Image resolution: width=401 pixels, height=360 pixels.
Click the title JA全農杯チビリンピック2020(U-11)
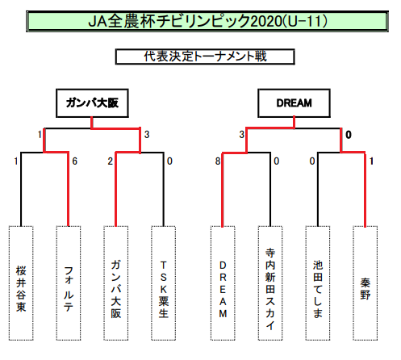207,21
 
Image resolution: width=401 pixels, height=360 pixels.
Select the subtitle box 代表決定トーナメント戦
205,57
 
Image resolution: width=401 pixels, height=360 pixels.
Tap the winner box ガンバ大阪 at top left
92,103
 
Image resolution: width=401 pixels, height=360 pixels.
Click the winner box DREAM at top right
294,103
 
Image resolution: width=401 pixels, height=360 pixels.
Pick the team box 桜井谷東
21,283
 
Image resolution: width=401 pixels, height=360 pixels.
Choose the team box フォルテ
69,283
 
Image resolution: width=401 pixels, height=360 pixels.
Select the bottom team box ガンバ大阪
116,283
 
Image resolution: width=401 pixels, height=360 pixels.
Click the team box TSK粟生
163,283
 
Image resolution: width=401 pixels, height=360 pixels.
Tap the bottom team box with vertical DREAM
223,283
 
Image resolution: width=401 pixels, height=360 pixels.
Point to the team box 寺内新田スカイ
270,283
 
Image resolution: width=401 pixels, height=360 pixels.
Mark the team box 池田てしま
318,283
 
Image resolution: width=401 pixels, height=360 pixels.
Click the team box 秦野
365,283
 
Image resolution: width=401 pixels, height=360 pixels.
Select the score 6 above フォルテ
75,161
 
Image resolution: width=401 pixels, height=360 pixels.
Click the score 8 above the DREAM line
218,161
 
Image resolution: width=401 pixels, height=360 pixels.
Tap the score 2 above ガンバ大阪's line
111,161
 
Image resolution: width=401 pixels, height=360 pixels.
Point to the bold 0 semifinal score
349,135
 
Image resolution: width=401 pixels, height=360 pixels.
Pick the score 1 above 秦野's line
371,161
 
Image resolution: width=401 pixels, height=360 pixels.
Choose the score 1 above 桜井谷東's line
16,161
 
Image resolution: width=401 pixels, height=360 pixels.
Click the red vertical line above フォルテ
69,189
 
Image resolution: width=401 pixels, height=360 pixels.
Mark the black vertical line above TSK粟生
163,189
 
